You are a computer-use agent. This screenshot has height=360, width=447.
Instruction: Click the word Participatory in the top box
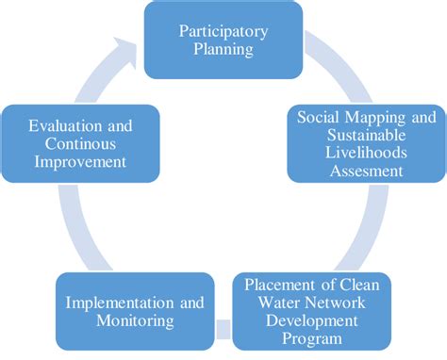222,30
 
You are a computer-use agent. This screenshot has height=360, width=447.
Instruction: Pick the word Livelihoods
368,153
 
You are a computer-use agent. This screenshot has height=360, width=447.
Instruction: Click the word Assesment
368,171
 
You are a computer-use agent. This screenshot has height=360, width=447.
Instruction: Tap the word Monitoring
140,320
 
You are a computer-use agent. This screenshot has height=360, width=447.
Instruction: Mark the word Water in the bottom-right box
278,303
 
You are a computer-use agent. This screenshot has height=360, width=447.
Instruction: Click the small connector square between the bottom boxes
223,329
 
